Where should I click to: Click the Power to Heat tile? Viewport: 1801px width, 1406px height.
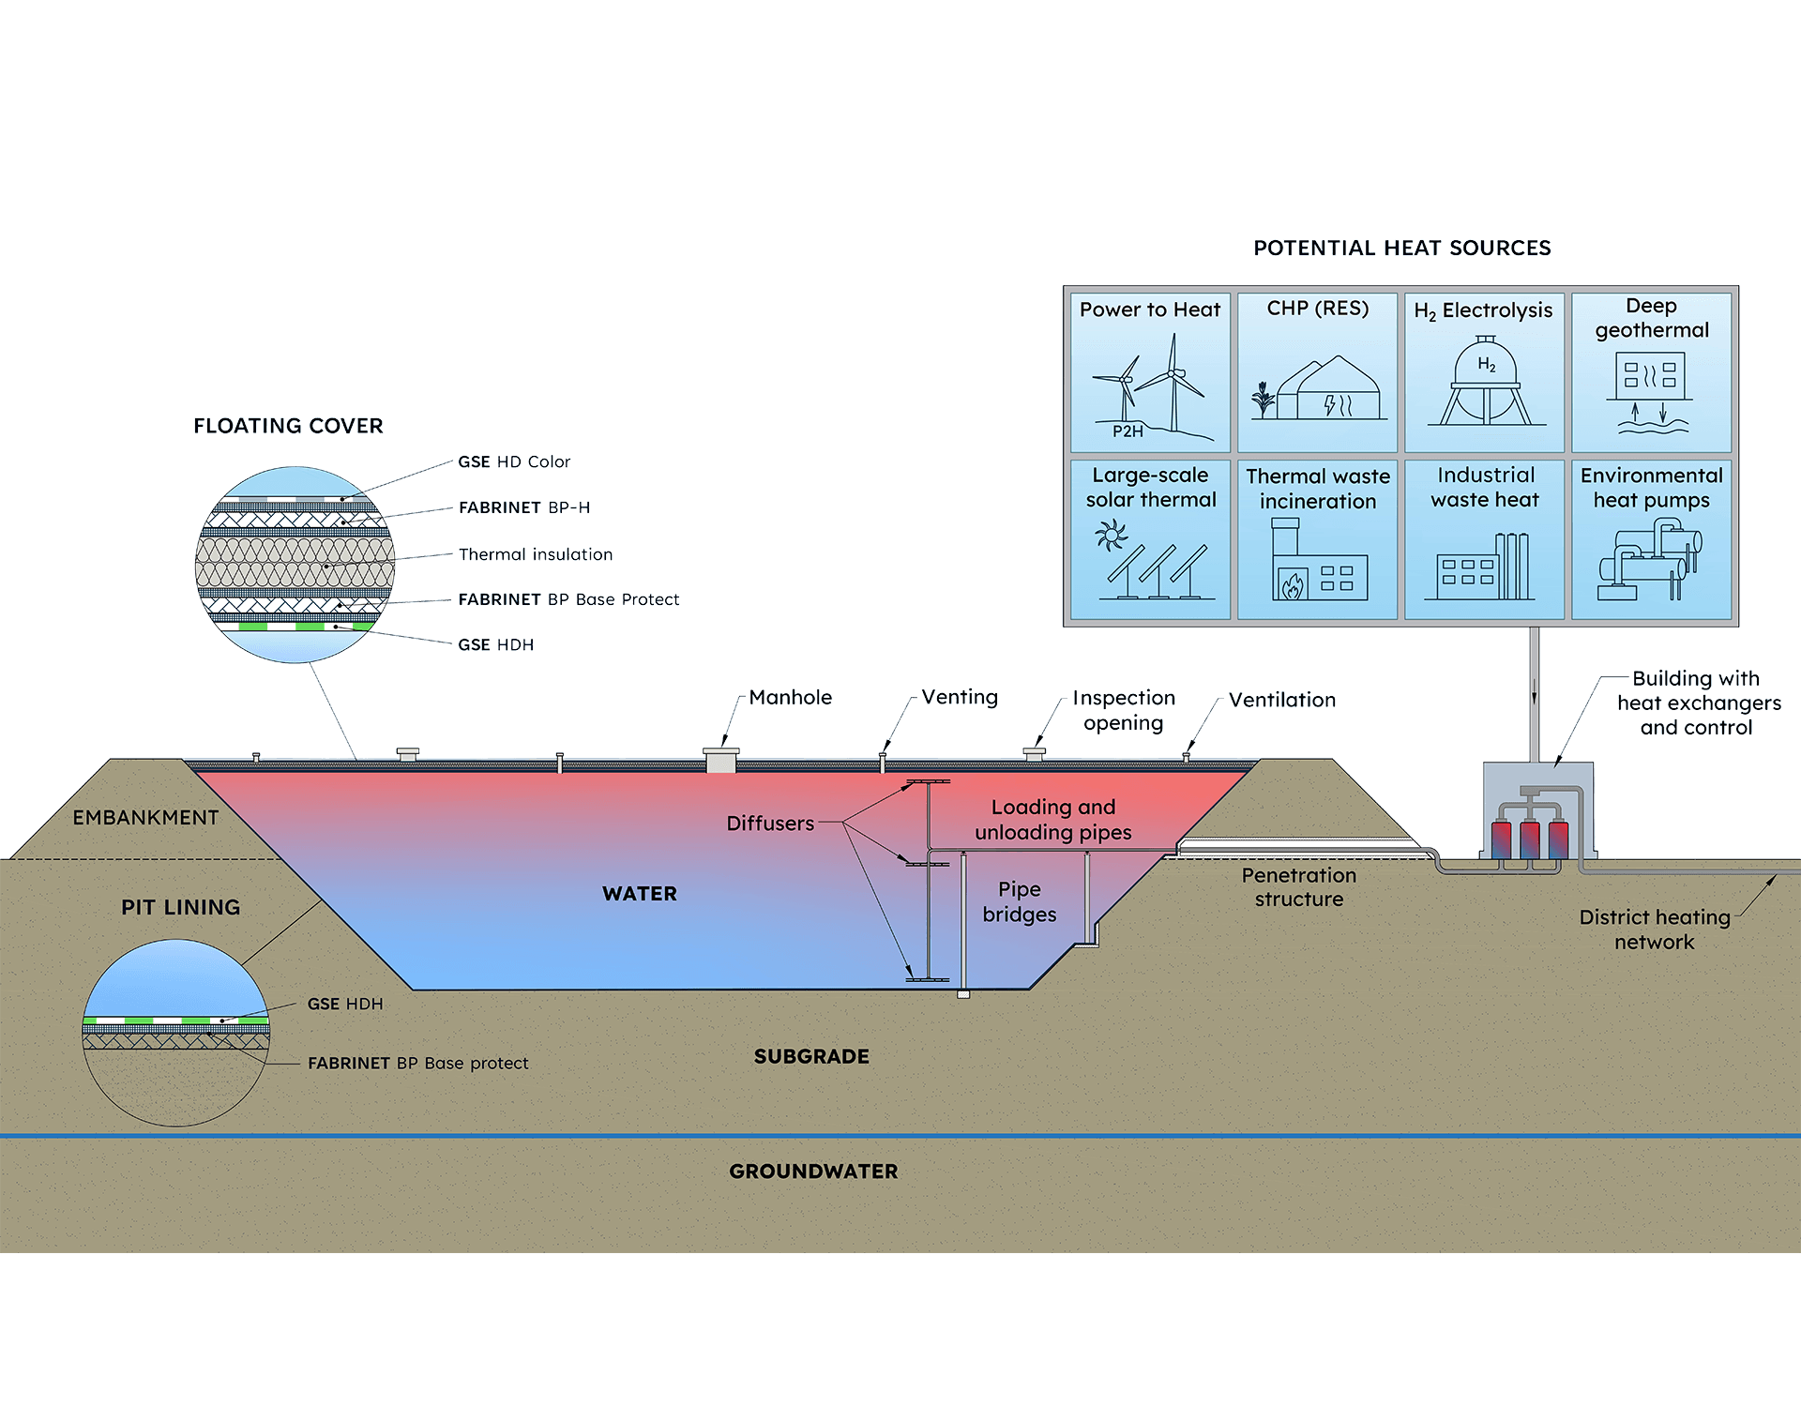(1150, 372)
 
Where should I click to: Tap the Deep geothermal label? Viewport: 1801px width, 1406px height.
(1651, 318)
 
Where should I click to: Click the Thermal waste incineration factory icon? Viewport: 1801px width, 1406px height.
(1318, 563)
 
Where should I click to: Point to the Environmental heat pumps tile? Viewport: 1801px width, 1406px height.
(1651, 538)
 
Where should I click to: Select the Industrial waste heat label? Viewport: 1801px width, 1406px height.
(1485, 488)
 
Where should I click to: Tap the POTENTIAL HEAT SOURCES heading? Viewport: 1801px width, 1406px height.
(1401, 249)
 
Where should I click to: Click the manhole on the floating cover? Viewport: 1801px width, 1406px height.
(720, 760)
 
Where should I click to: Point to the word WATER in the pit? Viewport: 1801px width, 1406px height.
(640, 894)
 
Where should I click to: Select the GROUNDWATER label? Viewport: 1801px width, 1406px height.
(813, 1172)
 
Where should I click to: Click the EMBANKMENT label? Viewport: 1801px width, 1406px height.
(145, 818)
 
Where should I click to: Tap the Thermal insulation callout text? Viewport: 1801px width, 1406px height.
(536, 554)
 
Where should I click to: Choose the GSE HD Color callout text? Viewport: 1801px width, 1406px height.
(514, 462)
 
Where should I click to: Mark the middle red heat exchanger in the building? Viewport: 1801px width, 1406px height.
(1530, 839)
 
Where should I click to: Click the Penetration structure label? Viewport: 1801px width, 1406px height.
(1298, 887)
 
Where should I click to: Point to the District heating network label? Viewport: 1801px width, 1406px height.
(1654, 930)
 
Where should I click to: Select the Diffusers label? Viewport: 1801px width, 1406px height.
(770, 824)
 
